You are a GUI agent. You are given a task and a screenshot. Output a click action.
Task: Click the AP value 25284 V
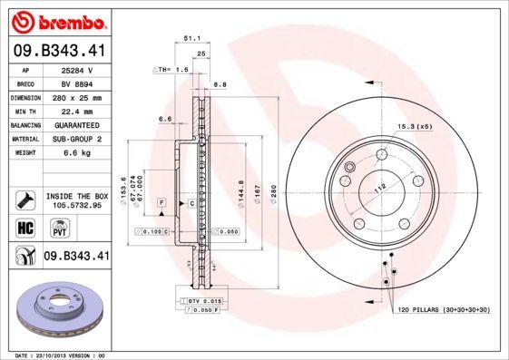[x=77, y=69]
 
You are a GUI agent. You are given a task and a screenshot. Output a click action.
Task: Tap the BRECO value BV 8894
[x=77, y=83]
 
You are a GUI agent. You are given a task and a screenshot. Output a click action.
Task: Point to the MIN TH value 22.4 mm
[x=77, y=111]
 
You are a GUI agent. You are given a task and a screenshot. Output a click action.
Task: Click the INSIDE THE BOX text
[x=76, y=196]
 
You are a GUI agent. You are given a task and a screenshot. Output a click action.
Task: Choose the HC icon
[x=25, y=227]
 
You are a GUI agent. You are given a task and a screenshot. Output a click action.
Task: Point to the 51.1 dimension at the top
[x=191, y=39]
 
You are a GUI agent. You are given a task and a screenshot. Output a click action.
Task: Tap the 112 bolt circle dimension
[x=380, y=186]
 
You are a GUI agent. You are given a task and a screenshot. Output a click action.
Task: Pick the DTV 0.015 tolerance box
[x=204, y=300]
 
